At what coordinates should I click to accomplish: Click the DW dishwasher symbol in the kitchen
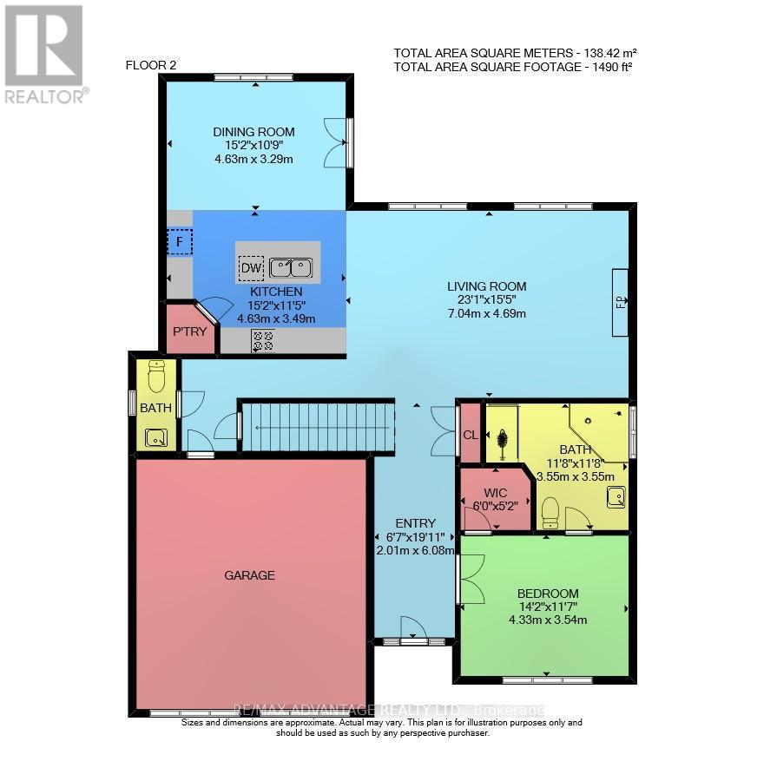(x=251, y=268)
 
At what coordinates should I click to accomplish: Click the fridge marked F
(x=180, y=240)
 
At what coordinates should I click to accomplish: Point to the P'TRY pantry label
(x=188, y=331)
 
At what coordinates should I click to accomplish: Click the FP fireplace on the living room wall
(x=620, y=302)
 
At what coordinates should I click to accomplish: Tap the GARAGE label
(x=249, y=574)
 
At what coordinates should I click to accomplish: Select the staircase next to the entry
(x=316, y=425)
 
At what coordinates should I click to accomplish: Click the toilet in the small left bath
(x=156, y=377)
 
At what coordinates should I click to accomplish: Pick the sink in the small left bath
(x=156, y=436)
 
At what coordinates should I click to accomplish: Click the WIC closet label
(x=495, y=492)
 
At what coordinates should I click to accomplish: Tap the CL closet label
(x=470, y=435)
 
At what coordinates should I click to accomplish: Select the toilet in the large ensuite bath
(x=549, y=512)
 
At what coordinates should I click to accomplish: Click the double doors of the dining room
(x=335, y=142)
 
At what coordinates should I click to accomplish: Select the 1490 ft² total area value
(x=611, y=66)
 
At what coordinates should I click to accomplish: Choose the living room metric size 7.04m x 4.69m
(x=486, y=313)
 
